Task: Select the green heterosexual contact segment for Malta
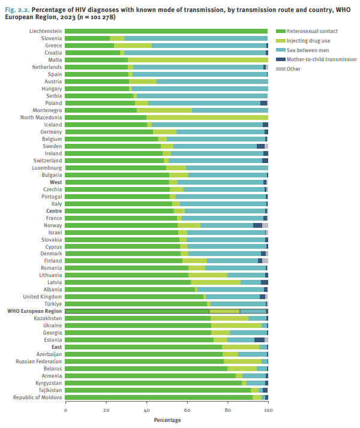click(x=96, y=59)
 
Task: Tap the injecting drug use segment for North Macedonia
click(x=207, y=117)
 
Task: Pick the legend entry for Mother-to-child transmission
click(x=317, y=59)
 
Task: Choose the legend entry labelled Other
click(x=293, y=69)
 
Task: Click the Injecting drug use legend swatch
click(x=280, y=40)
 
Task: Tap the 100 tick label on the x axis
click(x=268, y=410)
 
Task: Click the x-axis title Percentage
click(x=166, y=421)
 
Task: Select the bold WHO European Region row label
click(x=34, y=311)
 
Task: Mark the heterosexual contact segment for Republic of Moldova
click(x=158, y=397)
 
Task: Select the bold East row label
click(x=56, y=347)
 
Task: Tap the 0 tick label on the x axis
click(x=65, y=410)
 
